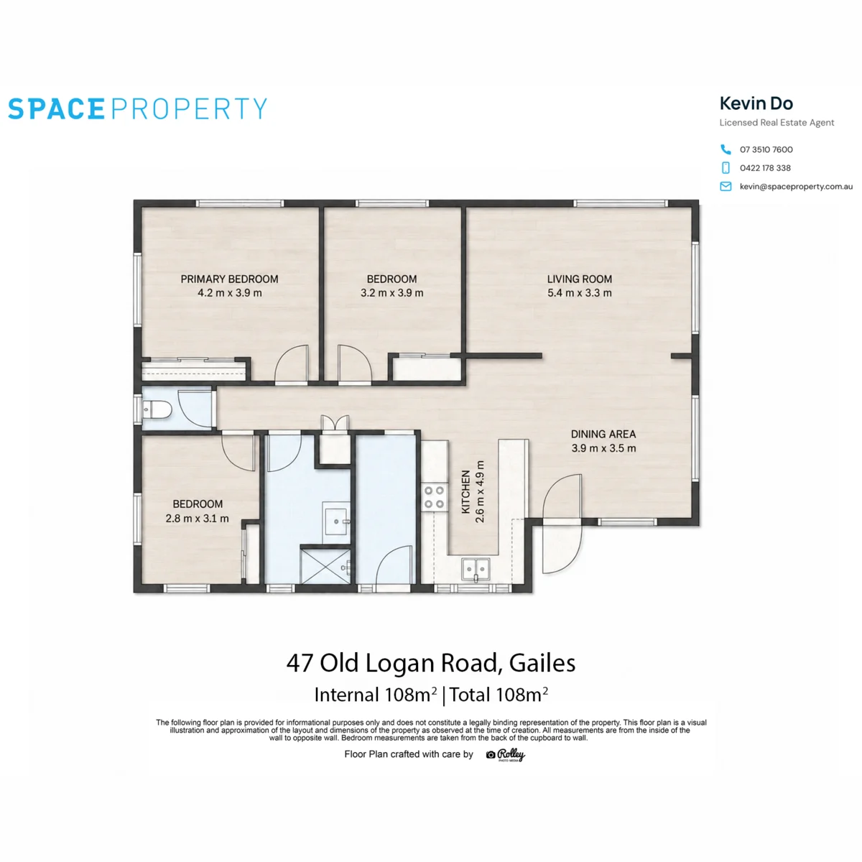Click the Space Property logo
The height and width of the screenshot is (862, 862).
137,108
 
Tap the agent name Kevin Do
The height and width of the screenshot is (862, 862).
756,103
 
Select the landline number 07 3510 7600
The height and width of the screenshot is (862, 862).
766,149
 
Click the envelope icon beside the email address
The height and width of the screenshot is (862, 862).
726,186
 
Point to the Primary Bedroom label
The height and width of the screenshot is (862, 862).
229,279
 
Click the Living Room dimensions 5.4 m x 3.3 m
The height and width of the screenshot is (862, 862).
579,293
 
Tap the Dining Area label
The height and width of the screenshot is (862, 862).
603,434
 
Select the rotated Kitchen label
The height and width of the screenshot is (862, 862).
465,491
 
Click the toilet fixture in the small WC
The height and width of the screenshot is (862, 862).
157,409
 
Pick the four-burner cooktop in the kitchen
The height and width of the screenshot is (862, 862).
434,497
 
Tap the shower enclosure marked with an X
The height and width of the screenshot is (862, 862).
325,566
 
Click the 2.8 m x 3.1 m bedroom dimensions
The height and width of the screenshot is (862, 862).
197,519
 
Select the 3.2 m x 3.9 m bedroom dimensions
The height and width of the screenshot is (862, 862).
392,293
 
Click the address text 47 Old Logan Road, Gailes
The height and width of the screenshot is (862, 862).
431,663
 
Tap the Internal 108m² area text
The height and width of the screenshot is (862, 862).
375,695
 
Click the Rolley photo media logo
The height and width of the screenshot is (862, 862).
506,755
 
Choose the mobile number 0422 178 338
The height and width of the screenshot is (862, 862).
765,168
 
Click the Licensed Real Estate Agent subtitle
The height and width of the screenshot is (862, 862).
777,123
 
